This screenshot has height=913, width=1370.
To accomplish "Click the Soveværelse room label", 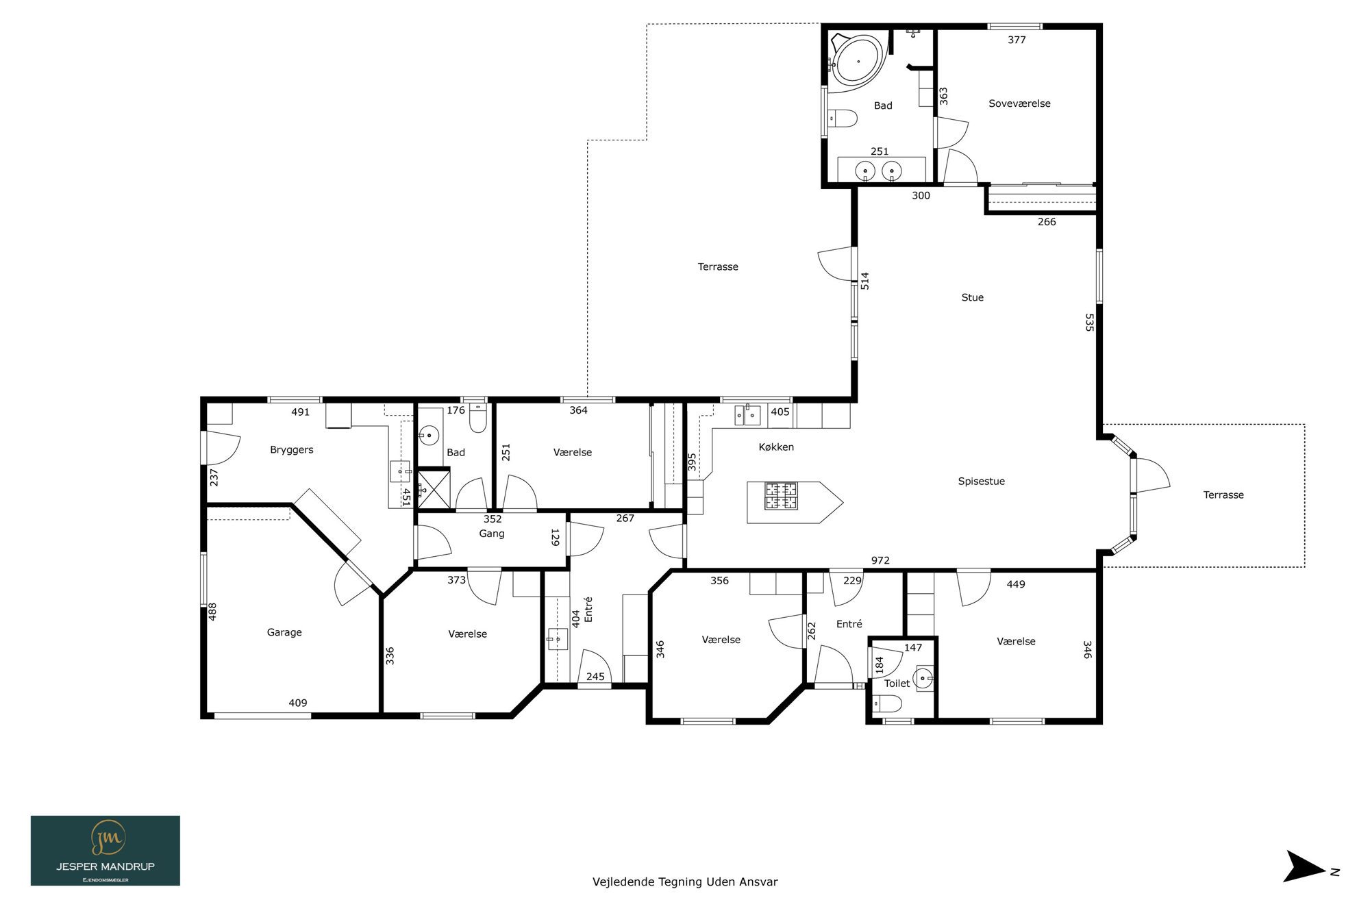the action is tap(1019, 103).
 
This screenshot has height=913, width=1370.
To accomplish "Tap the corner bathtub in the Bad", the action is tap(858, 62).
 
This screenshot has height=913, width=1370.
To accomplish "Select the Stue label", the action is tap(972, 297).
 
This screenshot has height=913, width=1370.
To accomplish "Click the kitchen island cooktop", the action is tap(781, 496).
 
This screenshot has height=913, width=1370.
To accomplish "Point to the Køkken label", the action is tap(776, 447).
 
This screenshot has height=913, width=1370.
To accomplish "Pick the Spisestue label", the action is tap(981, 481).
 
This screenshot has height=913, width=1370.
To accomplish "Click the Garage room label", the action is tap(284, 633).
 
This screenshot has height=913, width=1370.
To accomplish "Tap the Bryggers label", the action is tap(291, 450).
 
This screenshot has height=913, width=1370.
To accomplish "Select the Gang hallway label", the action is tap(492, 534).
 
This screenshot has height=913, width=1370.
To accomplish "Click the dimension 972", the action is tap(880, 560).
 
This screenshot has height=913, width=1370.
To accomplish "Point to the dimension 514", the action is tap(865, 281).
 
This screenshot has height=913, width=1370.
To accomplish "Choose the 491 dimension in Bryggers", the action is tap(300, 412).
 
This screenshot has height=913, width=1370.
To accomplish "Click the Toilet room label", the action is tap(897, 684).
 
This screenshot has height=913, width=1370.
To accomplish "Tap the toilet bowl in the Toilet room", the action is tap(886, 703).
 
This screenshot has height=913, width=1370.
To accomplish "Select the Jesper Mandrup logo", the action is tap(105, 851).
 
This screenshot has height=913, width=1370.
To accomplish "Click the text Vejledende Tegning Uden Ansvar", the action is tap(685, 882).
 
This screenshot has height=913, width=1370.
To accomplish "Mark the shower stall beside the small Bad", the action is tap(434, 488).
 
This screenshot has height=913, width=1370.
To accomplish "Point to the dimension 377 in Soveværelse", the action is tap(1017, 40).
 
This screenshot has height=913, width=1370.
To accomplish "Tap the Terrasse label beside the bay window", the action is tap(1223, 495).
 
